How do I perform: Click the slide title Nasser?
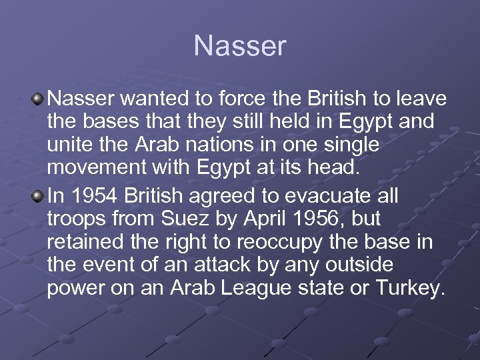coord(240,46)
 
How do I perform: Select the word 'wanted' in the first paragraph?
coord(157,100)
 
